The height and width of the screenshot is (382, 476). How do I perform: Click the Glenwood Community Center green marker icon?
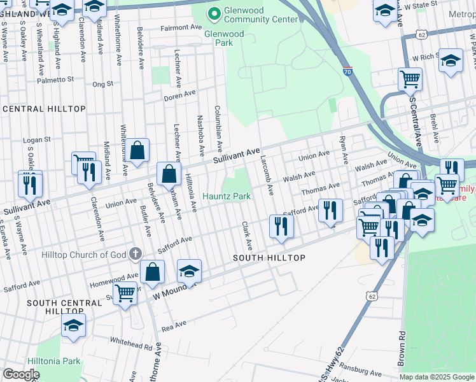(x=214, y=13)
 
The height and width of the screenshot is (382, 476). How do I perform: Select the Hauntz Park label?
(x=226, y=196)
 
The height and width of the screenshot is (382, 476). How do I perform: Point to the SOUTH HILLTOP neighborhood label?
(x=269, y=258)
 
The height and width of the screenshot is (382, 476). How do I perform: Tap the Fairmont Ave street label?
(x=181, y=28)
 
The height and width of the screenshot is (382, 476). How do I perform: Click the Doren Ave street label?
(x=179, y=95)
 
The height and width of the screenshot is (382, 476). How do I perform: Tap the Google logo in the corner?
(x=21, y=374)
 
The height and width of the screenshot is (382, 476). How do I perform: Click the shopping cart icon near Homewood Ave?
(x=125, y=293)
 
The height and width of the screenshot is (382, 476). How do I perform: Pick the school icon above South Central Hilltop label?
(x=74, y=325)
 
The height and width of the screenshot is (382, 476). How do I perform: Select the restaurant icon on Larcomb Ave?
(x=281, y=225)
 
